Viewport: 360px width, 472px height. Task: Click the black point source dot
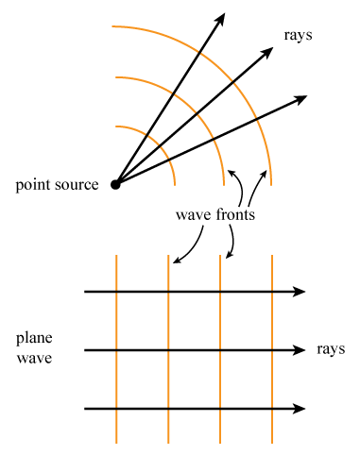point(115,184)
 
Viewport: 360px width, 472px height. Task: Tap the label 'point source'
point(57,184)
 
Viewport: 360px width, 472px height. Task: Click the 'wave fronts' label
point(215,214)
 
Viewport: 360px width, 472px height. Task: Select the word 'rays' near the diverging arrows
point(298,35)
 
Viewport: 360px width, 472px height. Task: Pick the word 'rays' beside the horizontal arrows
point(332,349)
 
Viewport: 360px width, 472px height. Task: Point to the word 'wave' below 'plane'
point(33,359)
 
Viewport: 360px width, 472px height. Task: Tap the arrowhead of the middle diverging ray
point(266,55)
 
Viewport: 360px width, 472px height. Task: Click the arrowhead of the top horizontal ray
point(300,293)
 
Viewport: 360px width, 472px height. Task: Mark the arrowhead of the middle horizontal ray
point(300,351)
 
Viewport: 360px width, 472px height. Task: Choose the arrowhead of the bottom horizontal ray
point(300,409)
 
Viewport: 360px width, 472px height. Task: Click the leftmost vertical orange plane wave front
point(116,378)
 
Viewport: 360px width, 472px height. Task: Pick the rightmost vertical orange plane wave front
point(272,378)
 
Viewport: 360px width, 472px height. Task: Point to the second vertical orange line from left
point(168,378)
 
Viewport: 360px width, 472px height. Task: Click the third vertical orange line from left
point(220,378)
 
